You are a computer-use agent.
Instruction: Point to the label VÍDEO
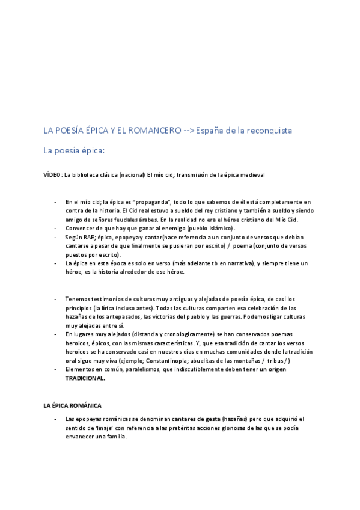(52, 174)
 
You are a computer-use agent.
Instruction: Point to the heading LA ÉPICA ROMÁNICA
(73, 406)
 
